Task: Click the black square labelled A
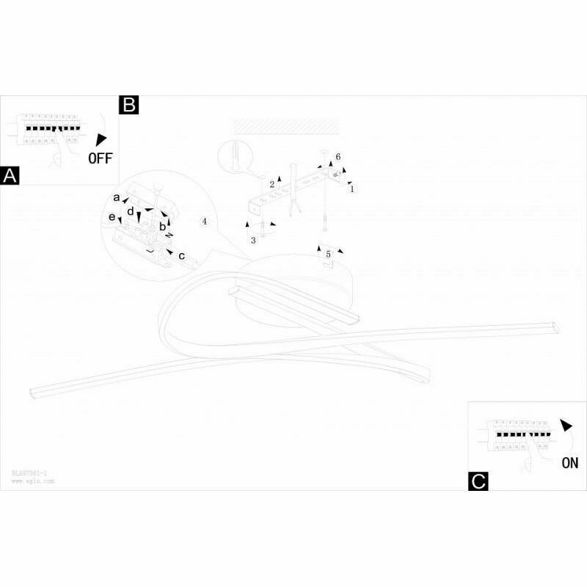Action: click(x=10, y=176)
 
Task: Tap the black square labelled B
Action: click(x=129, y=105)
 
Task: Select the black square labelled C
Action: click(x=478, y=481)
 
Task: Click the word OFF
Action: click(x=101, y=157)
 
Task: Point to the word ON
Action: click(x=569, y=463)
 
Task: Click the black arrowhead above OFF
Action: click(x=101, y=139)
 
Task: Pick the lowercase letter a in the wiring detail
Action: click(x=117, y=197)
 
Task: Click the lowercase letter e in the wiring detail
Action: click(x=112, y=217)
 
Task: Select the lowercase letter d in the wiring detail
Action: click(x=130, y=211)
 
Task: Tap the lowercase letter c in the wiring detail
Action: click(x=181, y=255)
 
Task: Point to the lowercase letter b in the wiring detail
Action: click(x=163, y=227)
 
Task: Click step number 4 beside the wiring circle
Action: click(x=205, y=221)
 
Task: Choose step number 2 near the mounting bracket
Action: click(x=271, y=184)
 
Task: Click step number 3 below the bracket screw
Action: click(x=254, y=240)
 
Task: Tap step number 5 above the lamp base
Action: click(x=329, y=254)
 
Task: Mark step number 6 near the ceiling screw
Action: click(x=338, y=157)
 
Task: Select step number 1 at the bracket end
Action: click(x=352, y=189)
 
